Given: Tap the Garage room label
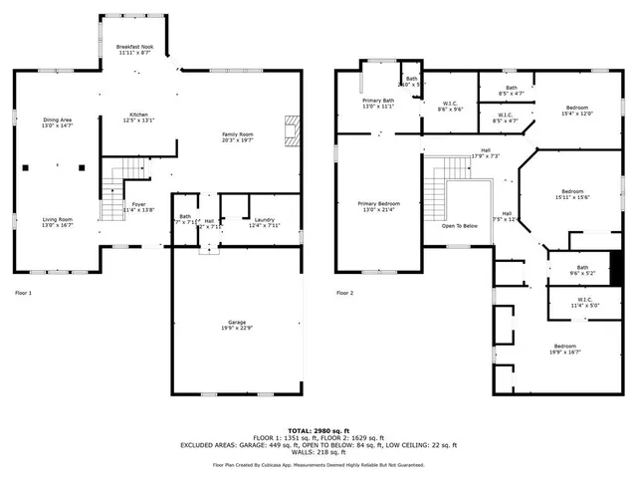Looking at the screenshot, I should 238,323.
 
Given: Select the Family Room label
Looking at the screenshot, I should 238,134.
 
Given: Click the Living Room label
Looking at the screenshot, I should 57,219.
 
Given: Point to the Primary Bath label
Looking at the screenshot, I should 378,101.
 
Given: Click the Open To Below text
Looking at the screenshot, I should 460,226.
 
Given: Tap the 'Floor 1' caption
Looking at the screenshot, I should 24,293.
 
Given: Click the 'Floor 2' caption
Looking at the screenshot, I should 344,293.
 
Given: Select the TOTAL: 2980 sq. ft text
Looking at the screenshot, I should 318,430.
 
